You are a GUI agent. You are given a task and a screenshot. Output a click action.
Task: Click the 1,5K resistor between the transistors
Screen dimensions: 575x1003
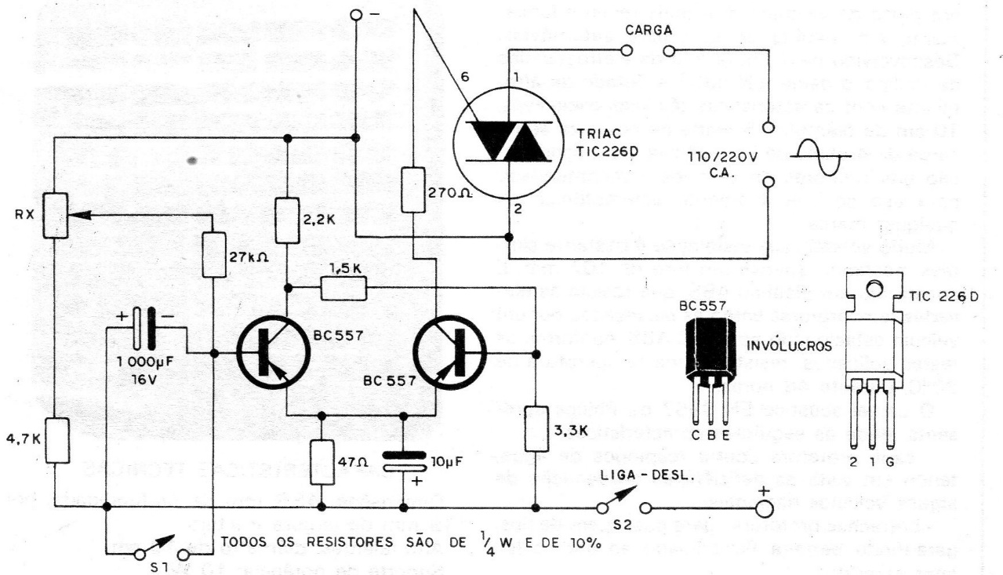tap(343, 289)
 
